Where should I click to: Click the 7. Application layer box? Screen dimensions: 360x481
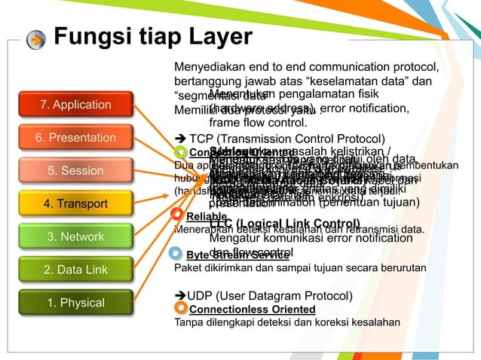click(x=75, y=105)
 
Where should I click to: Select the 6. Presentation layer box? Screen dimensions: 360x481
click(x=75, y=138)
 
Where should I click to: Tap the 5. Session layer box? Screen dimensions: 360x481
click(x=75, y=171)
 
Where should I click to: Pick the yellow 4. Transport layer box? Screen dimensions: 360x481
click(x=75, y=204)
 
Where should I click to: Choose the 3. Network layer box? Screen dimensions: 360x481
click(x=75, y=236)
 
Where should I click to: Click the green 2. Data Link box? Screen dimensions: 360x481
click(x=75, y=270)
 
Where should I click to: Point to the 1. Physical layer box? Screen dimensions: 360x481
click(x=75, y=303)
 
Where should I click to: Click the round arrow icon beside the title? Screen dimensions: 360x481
click(x=35, y=39)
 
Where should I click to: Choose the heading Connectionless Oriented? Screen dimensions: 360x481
click(x=252, y=310)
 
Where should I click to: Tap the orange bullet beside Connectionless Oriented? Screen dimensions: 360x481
click(x=180, y=308)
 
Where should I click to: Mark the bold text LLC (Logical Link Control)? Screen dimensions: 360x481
click(x=284, y=224)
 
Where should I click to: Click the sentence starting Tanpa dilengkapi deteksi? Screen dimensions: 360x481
click(x=286, y=322)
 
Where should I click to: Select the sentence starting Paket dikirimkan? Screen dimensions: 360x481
click(x=285, y=267)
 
